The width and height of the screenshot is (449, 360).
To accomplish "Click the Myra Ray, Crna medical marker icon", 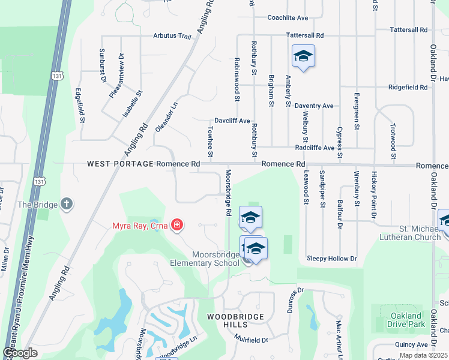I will coord(177,226).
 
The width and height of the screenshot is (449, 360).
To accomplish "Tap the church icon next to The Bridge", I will coord(67,205).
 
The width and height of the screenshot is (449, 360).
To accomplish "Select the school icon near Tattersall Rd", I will coord(303,57).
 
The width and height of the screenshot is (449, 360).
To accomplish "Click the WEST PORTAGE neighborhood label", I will coord(120,164).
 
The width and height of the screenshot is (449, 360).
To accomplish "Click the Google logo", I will coord(20,353).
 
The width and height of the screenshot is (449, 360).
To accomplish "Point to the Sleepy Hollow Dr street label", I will coord(331,259).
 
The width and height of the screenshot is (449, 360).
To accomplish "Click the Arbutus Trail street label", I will coord(172,36).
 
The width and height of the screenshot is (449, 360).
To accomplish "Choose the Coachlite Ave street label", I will coord(288,18).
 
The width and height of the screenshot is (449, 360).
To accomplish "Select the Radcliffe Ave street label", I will coord(315,148).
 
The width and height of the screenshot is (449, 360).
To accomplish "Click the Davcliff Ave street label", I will coord(232,121).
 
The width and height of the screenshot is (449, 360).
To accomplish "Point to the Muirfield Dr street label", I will coord(251,340).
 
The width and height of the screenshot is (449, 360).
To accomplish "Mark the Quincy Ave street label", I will coord(411,345).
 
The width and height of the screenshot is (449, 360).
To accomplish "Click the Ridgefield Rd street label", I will coord(408,87).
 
